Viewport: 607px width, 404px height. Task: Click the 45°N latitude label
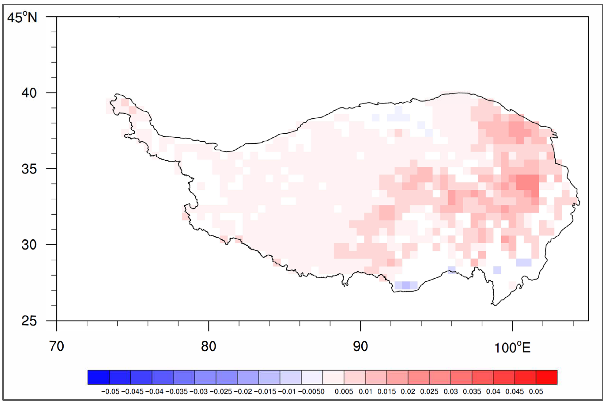[22, 17]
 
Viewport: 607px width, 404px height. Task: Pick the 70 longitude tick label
[57, 346]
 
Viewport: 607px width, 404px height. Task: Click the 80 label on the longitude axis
[208, 346]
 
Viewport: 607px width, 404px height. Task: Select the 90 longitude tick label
[360, 346]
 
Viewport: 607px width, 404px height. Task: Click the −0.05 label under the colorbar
[110, 392]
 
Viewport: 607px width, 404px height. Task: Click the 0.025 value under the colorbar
[429, 392]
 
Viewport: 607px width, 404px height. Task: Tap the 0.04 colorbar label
[493, 392]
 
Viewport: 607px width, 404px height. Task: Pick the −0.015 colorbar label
[265, 392]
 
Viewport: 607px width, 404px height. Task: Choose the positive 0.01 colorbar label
[365, 392]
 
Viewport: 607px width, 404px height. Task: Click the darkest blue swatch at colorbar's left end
[98, 377]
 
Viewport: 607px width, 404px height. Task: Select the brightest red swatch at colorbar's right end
[546, 377]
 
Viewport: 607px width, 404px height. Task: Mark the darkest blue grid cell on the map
[406, 285]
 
